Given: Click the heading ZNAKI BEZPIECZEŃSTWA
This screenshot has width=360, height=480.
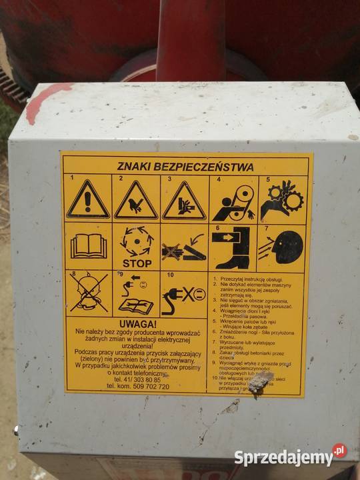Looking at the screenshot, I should (x=186, y=167).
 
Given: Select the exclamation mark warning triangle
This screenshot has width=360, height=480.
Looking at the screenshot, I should (x=88, y=200).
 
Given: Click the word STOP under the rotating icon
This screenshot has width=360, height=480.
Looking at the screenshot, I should (x=137, y=263).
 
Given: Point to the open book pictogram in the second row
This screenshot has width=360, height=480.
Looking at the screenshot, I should (x=88, y=246).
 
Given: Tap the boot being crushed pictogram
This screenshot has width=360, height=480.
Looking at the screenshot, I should (x=233, y=247).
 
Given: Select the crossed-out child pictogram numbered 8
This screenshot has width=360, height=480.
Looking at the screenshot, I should (x=89, y=293).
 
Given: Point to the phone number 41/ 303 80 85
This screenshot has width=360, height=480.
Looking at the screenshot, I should (x=137, y=379).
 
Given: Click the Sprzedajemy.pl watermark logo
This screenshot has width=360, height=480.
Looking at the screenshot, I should (x=290, y=457).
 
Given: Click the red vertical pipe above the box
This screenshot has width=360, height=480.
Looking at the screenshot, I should (x=190, y=40).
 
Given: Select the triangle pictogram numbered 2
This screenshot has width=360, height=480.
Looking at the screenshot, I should (x=136, y=201).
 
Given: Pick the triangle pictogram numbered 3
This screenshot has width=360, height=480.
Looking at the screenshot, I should (x=184, y=201).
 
